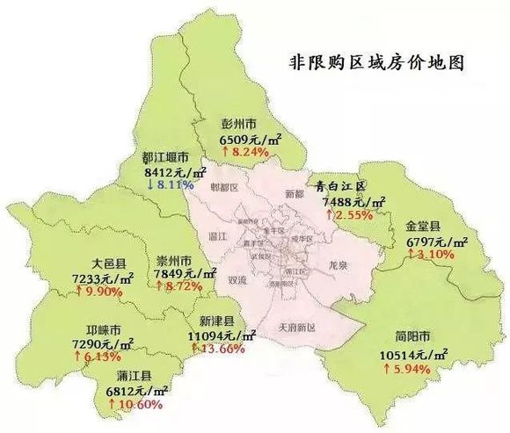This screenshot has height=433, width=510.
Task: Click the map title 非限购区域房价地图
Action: pyautogui.click(x=375, y=64)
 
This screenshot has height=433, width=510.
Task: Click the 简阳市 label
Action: pyautogui.click(x=412, y=337)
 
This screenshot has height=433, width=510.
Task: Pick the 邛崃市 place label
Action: pyautogui.click(x=98, y=331)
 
